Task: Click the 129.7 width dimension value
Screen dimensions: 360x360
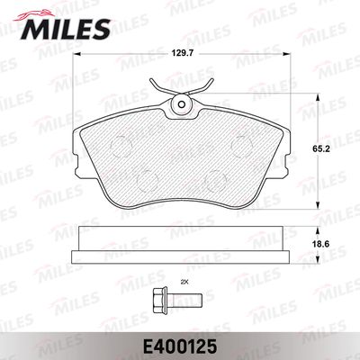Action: [182, 54]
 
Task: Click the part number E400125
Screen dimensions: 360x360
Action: [180, 346]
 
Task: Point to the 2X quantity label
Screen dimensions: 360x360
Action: [183, 282]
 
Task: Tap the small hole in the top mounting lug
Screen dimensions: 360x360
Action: [182, 104]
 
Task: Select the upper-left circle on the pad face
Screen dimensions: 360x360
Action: [121, 146]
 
